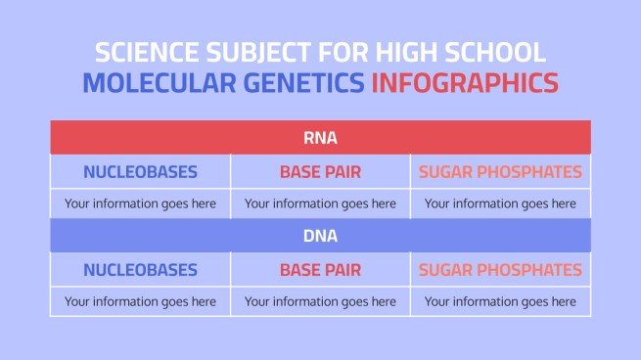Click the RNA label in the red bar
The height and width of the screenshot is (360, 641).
(x=320, y=138)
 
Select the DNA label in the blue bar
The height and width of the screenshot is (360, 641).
(x=320, y=236)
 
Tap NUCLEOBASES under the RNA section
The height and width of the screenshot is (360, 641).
(x=140, y=172)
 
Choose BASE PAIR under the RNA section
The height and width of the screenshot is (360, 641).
(x=320, y=172)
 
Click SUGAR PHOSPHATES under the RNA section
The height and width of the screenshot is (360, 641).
(x=500, y=172)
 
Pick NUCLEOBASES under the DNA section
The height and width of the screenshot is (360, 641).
(x=140, y=270)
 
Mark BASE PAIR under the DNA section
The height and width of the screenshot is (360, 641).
(x=320, y=270)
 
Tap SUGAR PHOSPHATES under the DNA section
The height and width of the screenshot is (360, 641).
(x=500, y=270)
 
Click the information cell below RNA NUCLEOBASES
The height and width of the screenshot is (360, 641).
(x=140, y=203)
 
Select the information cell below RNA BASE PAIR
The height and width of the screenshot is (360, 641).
(x=320, y=203)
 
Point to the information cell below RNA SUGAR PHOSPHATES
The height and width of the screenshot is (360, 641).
(x=500, y=203)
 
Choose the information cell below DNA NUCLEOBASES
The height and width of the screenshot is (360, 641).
(x=140, y=301)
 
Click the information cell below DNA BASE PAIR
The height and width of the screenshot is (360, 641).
(x=320, y=301)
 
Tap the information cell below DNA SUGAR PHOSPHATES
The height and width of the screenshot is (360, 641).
(x=500, y=301)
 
